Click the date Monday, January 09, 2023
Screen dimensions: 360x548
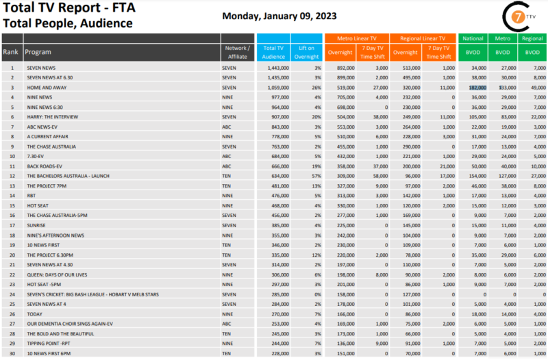click(x=279, y=16)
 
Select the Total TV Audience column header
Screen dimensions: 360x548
click(x=273, y=52)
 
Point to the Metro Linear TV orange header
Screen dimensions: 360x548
click(x=356, y=39)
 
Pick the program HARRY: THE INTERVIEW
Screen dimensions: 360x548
click(x=51, y=117)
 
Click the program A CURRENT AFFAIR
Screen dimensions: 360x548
click(x=47, y=137)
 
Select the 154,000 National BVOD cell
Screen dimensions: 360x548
click(x=475, y=176)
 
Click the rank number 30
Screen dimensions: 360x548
click(x=12, y=352)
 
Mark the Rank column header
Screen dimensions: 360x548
click(x=11, y=52)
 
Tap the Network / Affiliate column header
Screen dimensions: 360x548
click(x=238, y=52)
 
